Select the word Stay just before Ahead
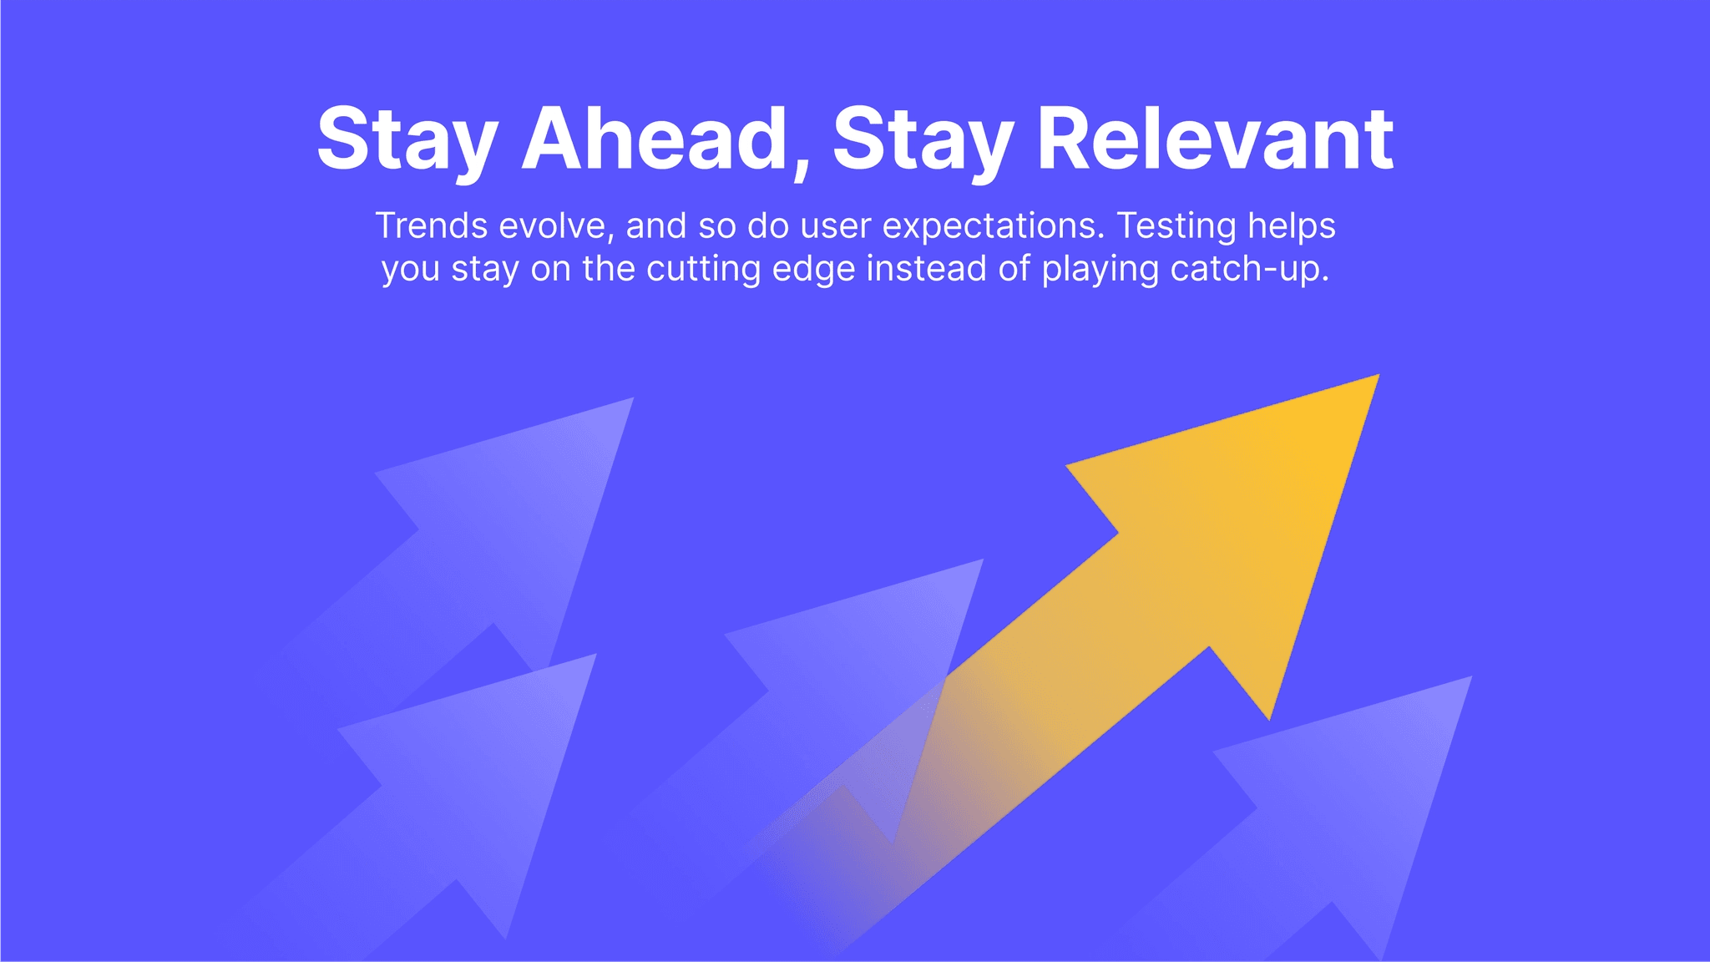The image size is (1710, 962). pos(407,140)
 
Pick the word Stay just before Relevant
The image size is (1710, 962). pos(923,140)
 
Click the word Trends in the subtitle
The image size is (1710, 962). pos(432,226)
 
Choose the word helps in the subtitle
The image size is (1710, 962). pos(1292,226)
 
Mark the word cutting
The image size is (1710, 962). pos(704,270)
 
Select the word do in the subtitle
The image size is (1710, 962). pos(768,226)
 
